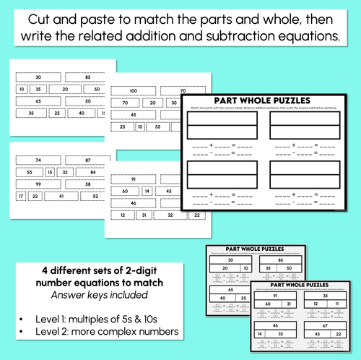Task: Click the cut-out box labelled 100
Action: click(x=133, y=91)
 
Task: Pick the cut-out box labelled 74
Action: click(x=37, y=159)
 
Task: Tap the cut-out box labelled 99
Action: click(x=37, y=184)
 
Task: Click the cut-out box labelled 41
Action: click(x=63, y=196)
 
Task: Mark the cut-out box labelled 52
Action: click(x=94, y=196)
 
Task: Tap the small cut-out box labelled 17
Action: click(x=20, y=196)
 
